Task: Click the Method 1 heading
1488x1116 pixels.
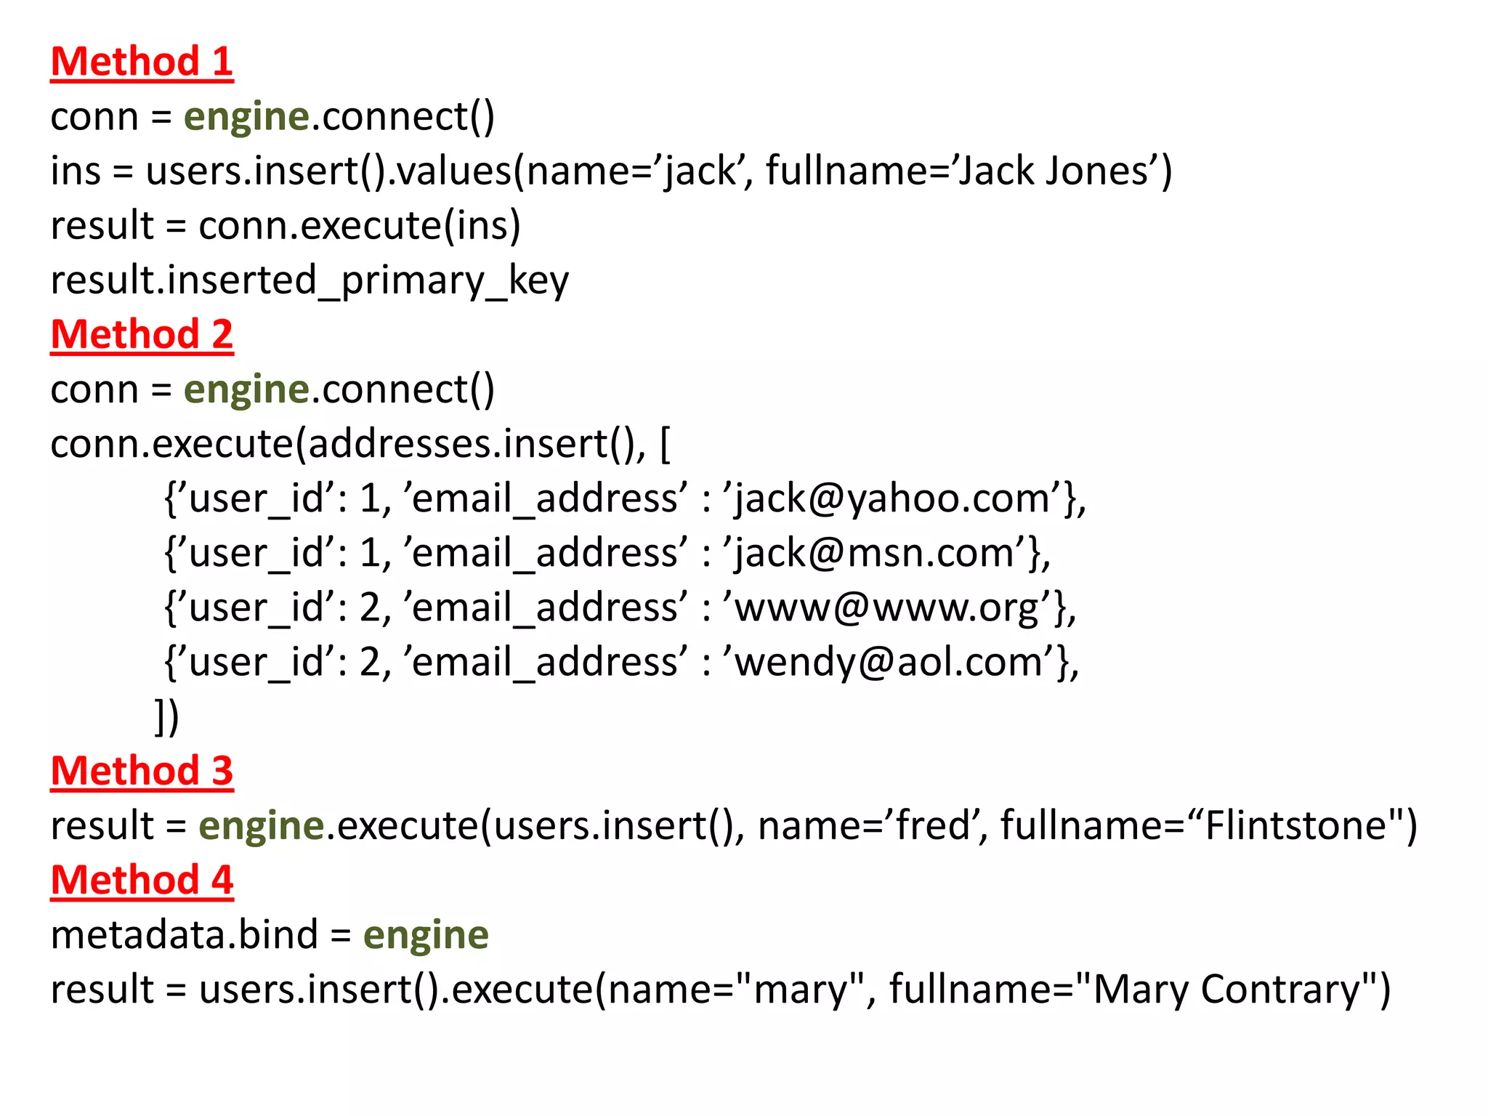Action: pos(142,61)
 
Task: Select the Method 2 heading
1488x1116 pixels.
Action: pos(142,334)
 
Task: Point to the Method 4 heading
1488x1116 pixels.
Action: pos(142,880)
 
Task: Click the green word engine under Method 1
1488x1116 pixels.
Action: pos(246,117)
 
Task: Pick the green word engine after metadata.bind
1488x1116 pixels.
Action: pos(426,935)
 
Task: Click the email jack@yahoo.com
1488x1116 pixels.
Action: pos(892,499)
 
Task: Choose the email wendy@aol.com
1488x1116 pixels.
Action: pos(889,663)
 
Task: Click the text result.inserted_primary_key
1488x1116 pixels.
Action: pos(310,280)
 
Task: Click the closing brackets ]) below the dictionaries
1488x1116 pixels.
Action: pos(166,717)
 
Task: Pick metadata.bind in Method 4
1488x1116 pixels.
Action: pos(185,935)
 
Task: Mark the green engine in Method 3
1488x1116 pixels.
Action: pos(261,826)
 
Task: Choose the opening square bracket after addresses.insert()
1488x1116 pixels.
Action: pos(665,445)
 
